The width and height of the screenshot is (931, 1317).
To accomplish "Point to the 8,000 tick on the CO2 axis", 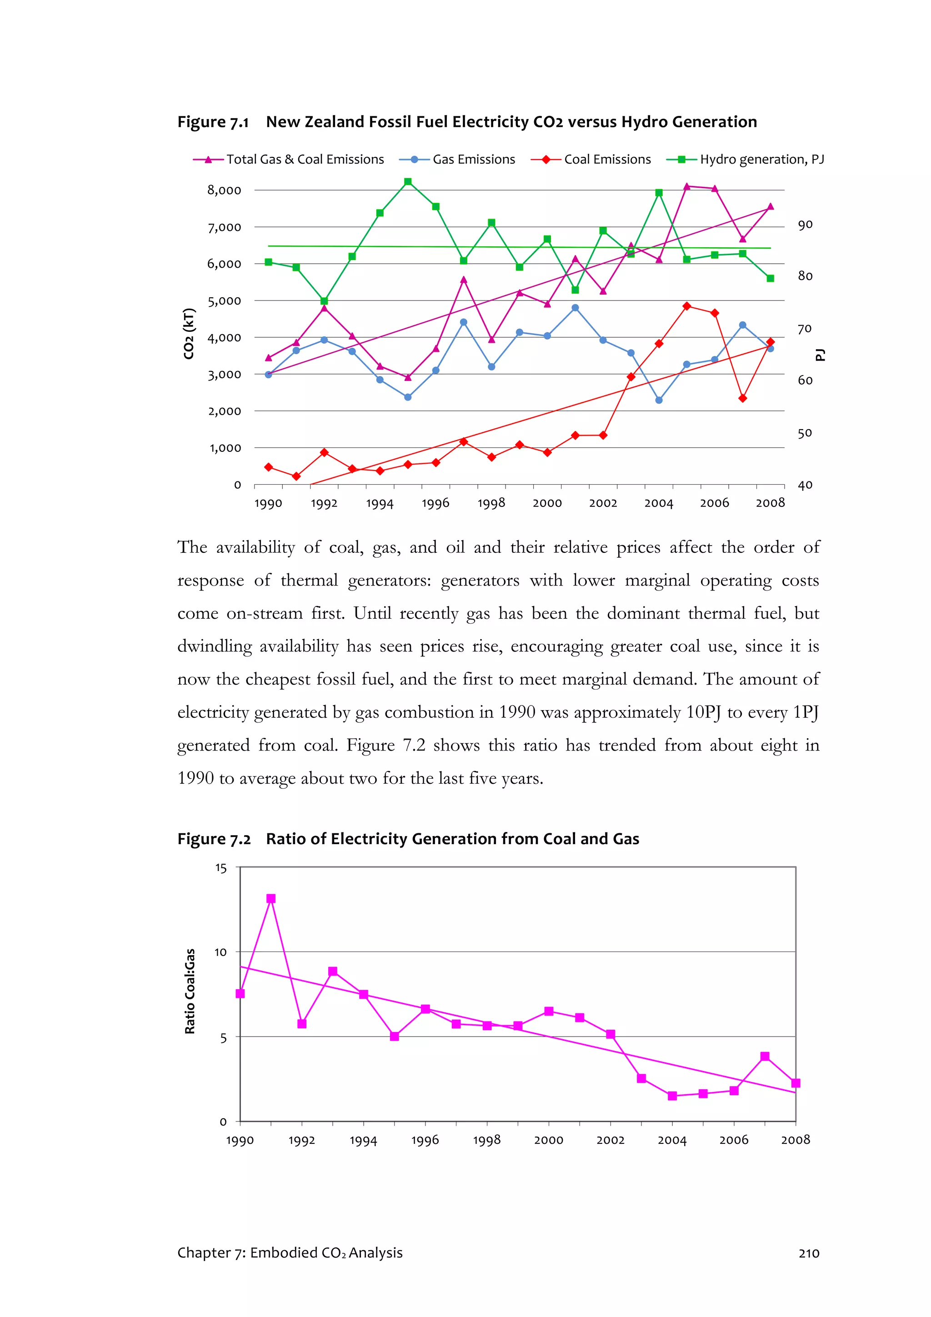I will click(x=224, y=190).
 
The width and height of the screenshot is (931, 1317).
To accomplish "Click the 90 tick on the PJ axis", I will click(x=805, y=225).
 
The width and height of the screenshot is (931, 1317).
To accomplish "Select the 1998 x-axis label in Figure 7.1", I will click(x=491, y=503).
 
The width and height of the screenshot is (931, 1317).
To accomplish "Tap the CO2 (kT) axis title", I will click(x=189, y=334).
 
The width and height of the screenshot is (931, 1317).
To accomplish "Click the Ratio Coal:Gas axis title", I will click(x=190, y=991).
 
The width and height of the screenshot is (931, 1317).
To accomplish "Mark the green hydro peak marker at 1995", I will click(x=408, y=182).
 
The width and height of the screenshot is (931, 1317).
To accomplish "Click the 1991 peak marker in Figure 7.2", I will click(x=271, y=898).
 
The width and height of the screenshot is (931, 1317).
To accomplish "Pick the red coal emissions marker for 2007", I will click(x=742, y=398).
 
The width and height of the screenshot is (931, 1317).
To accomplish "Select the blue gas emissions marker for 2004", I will click(x=659, y=401).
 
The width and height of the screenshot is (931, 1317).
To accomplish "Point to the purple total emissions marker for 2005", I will click(x=686, y=186).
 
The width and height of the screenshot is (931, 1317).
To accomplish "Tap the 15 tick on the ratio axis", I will click(x=221, y=868).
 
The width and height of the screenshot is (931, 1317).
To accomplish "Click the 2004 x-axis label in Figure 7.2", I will click(x=672, y=1140).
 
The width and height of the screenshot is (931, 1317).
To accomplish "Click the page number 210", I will click(x=809, y=1253).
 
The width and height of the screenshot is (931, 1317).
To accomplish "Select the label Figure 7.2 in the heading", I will click(x=214, y=839).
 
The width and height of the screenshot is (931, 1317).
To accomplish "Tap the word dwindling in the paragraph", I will click(x=214, y=646).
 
